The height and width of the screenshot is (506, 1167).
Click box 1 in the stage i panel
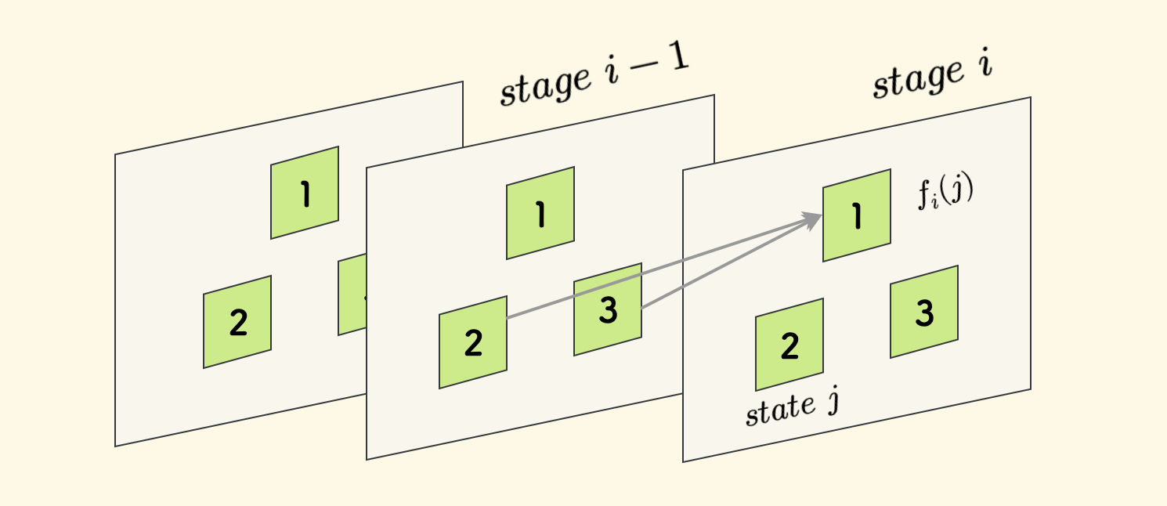[856, 215]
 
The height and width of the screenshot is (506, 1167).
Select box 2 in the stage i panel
[789, 345]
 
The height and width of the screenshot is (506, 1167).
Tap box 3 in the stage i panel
[924, 312]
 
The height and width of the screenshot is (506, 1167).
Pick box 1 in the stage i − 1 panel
[540, 213]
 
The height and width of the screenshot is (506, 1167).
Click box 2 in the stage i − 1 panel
[473, 342]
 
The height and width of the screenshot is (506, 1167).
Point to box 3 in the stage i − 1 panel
[609, 310]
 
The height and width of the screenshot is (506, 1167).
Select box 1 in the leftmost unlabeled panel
[305, 193]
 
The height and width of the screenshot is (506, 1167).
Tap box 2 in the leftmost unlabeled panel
[237, 322]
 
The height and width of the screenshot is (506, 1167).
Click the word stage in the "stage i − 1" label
[545, 86]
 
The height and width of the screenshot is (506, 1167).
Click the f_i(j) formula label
[945, 193]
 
